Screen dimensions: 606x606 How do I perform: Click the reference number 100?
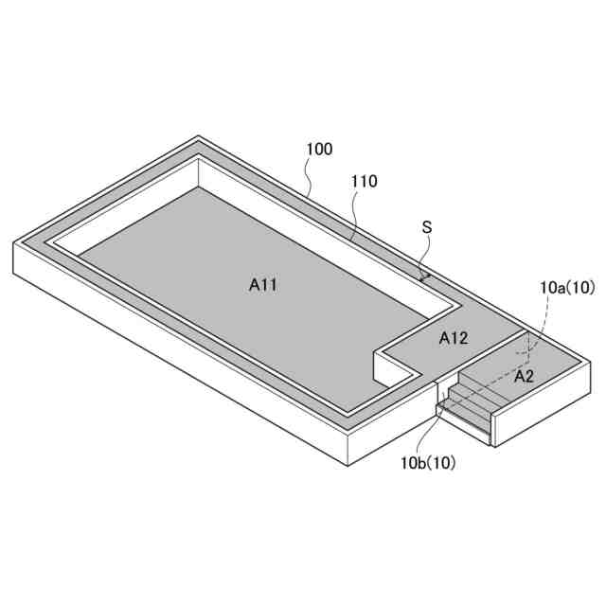point(319,150)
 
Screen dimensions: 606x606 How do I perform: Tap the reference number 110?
point(364,181)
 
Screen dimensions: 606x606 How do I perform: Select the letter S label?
point(427,227)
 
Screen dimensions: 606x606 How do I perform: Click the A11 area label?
point(263,285)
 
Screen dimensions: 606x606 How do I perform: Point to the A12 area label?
point(454,338)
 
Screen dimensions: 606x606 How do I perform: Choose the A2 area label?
point(524,376)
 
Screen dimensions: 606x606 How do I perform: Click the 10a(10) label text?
point(567,288)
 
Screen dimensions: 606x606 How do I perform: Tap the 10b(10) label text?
point(428,463)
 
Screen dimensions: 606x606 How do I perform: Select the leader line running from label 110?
point(355,215)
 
